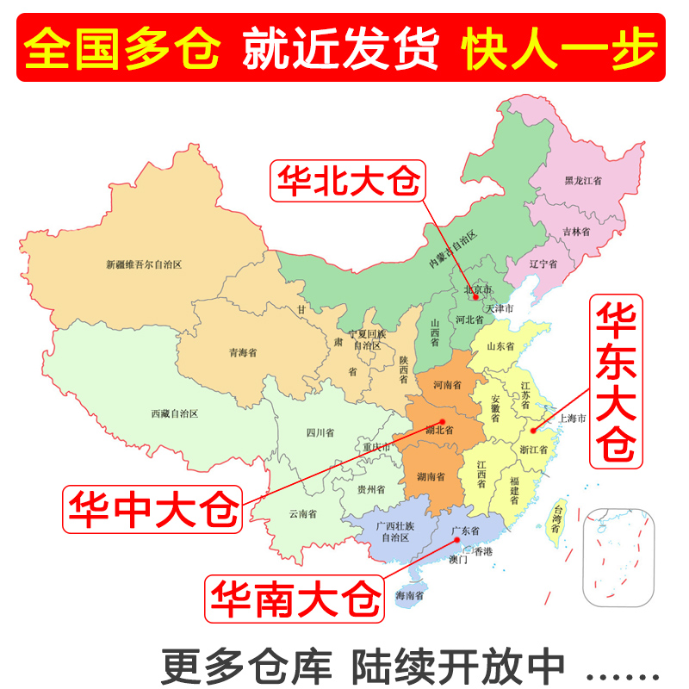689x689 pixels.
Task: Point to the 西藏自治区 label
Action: (x=175, y=413)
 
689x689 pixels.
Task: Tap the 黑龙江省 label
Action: (x=583, y=181)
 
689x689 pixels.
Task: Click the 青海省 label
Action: (x=242, y=352)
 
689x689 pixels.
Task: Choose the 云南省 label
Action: (x=302, y=514)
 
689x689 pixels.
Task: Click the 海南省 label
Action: (x=410, y=595)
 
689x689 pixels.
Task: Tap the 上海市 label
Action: (x=572, y=419)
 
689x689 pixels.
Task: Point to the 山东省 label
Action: (x=500, y=346)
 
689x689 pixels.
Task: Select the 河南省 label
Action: (x=448, y=384)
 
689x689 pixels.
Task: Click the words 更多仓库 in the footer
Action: (x=246, y=665)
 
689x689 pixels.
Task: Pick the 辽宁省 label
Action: (x=543, y=264)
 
